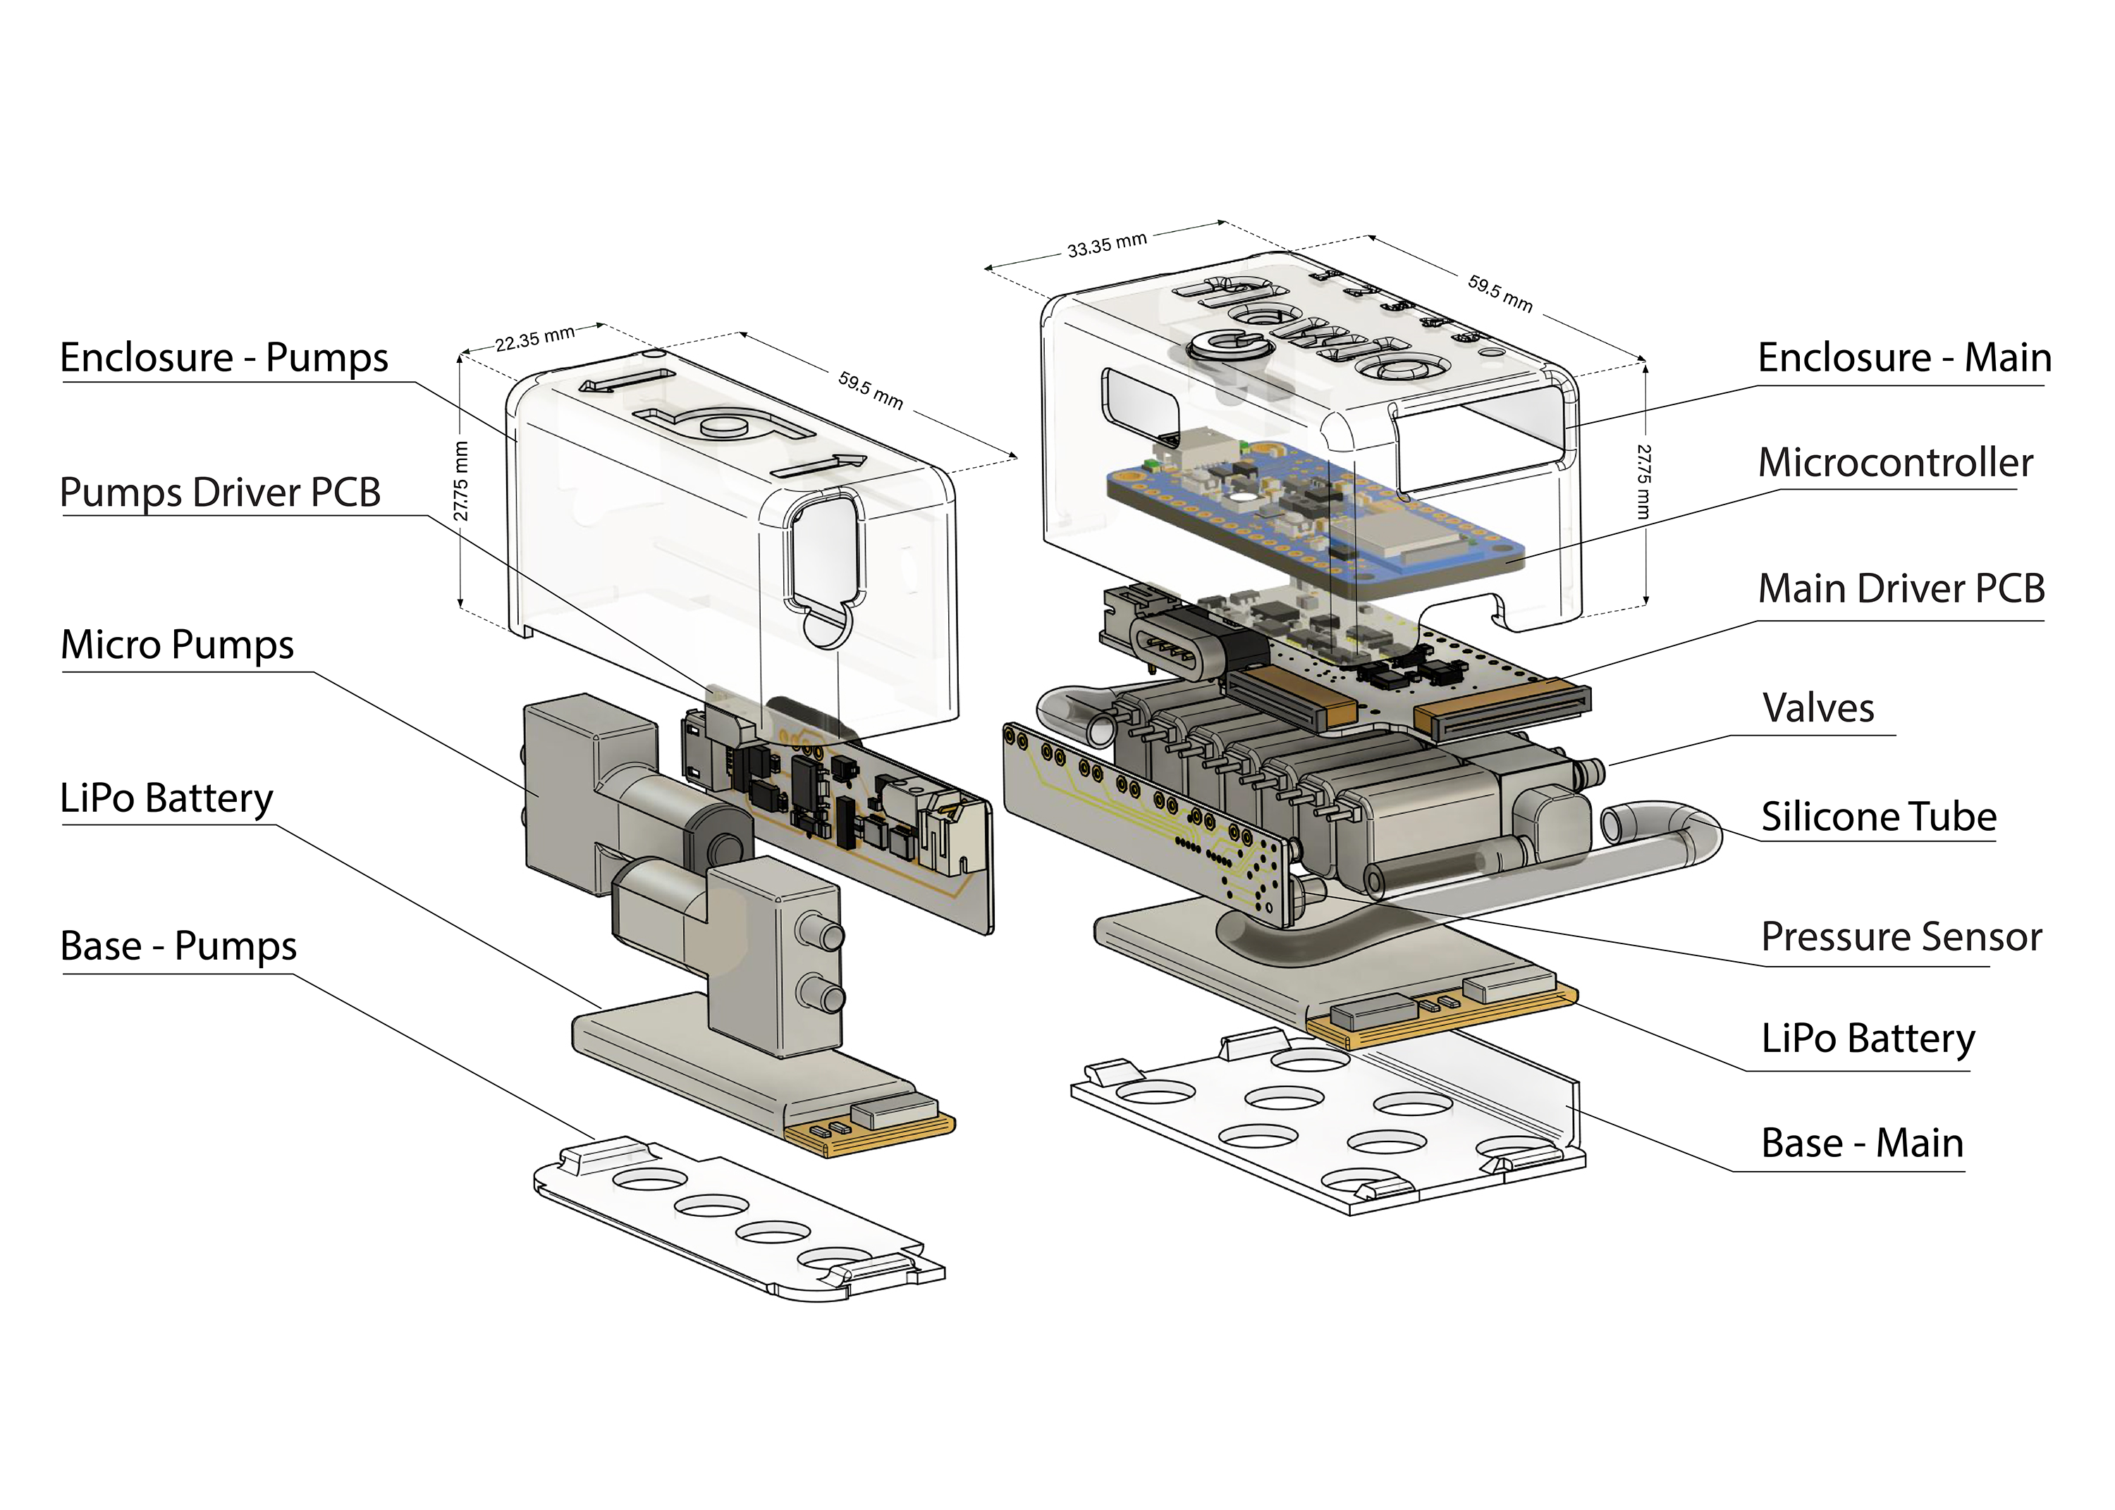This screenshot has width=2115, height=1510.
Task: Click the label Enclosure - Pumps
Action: (224, 358)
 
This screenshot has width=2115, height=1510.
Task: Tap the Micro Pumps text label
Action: (177, 645)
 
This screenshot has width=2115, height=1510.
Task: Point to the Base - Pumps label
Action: (178, 946)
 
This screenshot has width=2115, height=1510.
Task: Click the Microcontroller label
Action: (1894, 463)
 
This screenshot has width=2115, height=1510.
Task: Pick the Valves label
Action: (1817, 709)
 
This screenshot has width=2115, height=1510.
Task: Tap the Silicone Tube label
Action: (1879, 817)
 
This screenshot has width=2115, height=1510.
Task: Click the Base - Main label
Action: (1862, 1144)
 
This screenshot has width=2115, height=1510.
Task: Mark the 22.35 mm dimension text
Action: (535, 340)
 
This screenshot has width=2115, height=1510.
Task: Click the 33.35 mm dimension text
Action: (1107, 245)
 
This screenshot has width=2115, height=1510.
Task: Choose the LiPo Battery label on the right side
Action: (1868, 1039)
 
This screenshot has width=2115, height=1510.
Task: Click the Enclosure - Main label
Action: (1904, 358)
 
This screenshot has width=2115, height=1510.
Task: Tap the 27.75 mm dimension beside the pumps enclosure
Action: (461, 482)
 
